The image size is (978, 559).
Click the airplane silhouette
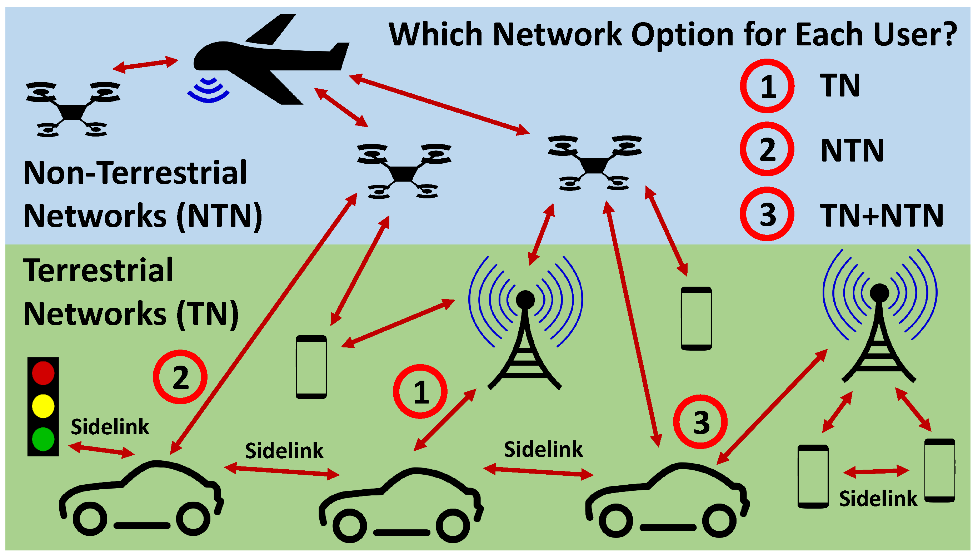coord(269,61)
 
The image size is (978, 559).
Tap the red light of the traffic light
coord(43,373)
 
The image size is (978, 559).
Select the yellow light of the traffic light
coord(43,406)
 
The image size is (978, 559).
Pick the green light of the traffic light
coord(43,439)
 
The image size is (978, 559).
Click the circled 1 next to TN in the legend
coord(767,86)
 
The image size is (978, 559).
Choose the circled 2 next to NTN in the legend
coord(767,149)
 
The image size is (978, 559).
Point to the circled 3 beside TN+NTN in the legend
coord(767,214)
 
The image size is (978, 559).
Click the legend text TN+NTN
coord(881,216)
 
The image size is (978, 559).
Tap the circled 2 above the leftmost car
coord(180,377)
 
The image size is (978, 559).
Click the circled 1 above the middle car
coord(420,392)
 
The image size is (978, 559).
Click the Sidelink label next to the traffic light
coord(110,427)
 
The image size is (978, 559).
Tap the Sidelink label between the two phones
coord(878,499)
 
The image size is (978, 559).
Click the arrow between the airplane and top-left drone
coord(145,64)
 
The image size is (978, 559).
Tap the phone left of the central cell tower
coord(311,367)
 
